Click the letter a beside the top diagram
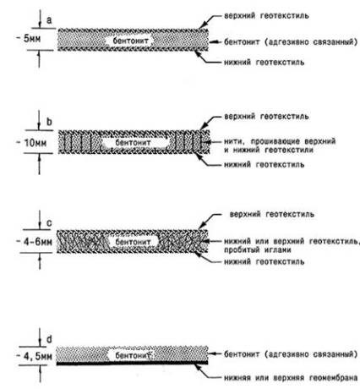point(49,20)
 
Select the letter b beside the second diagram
point(49,122)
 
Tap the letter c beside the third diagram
point(49,223)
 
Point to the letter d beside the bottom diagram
point(49,339)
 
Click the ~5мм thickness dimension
point(29,39)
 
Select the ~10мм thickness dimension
point(31,143)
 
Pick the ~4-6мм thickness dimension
point(35,242)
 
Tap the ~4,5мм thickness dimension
point(35,356)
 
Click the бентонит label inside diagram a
point(130,41)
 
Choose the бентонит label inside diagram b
point(133,142)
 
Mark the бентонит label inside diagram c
point(133,242)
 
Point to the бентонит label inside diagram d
point(133,355)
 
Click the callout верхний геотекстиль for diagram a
point(266,15)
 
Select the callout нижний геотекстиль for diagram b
point(264,164)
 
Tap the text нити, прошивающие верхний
point(280,141)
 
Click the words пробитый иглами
point(258,249)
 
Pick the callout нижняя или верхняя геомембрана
point(291,378)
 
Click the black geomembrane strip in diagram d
point(132,363)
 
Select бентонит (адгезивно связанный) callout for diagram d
point(291,354)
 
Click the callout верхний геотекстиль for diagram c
point(272,214)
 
